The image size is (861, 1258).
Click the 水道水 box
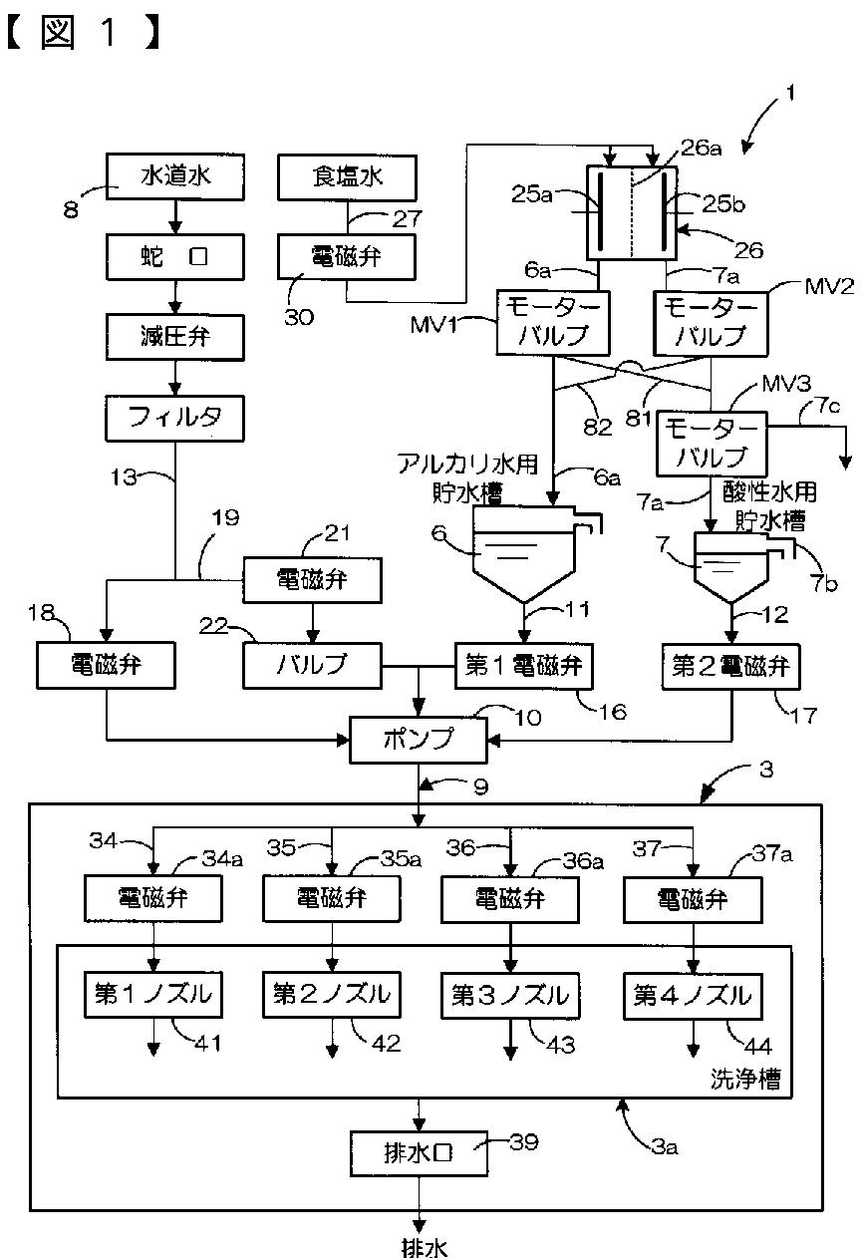click(175, 176)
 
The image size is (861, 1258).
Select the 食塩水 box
click(347, 177)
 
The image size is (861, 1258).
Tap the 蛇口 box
click(175, 256)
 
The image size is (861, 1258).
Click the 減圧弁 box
click(175, 337)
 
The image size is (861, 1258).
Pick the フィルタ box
click(174, 418)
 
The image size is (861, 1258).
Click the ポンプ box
click(419, 740)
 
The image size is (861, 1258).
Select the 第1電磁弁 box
click(523, 666)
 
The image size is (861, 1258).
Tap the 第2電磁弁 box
click(730, 667)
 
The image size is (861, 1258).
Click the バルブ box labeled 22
click(312, 666)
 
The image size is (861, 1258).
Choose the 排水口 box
click(419, 1153)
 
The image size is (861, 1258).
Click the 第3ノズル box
click(510, 996)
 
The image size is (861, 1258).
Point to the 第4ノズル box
click(693, 996)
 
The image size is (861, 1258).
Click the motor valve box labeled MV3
click(712, 445)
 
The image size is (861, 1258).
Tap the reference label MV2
click(829, 287)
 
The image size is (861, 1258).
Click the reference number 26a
click(701, 148)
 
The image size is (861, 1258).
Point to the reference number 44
click(758, 1046)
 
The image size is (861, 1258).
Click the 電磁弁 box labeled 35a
click(332, 898)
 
